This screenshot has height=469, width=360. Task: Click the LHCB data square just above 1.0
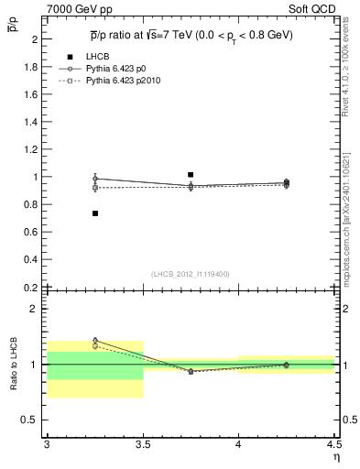(x=191, y=174)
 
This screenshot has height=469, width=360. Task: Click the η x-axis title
(x=335, y=457)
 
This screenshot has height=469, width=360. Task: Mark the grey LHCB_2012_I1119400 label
(x=190, y=274)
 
